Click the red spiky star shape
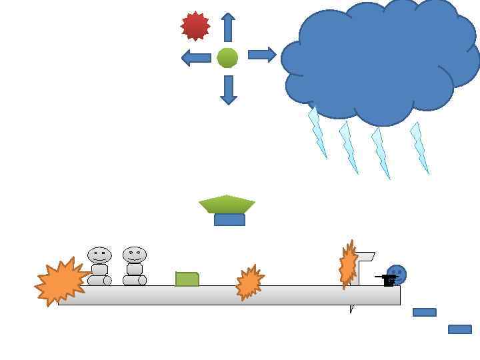click(195, 26)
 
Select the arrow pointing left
click(196, 58)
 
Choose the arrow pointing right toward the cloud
click(262, 55)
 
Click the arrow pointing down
click(229, 89)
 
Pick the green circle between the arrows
click(227, 58)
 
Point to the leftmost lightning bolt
click(317, 133)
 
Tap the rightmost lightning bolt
click(419, 147)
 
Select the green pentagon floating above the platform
click(227, 203)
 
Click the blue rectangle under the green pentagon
click(229, 220)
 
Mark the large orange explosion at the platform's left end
click(61, 282)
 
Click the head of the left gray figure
click(99, 255)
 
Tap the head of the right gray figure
click(134, 255)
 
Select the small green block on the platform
click(187, 279)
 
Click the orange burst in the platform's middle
click(249, 282)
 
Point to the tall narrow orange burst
click(347, 265)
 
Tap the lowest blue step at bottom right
click(459, 329)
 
